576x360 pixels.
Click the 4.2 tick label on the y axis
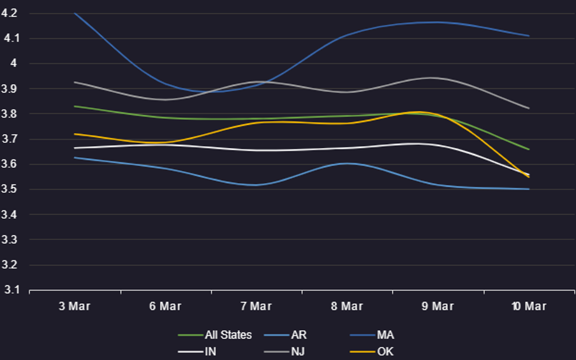pyautogui.click(x=9, y=13)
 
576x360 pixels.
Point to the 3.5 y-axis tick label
pyautogui.click(x=9, y=190)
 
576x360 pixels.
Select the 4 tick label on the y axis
pyautogui.click(x=13, y=63)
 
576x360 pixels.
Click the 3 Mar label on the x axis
pyautogui.click(x=75, y=306)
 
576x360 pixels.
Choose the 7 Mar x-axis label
pyautogui.click(x=256, y=306)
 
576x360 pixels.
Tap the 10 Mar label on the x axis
pyautogui.click(x=529, y=306)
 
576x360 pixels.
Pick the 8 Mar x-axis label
pyautogui.click(x=347, y=306)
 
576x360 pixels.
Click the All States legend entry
pyautogui.click(x=215, y=335)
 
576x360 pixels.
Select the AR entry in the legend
pyautogui.click(x=285, y=335)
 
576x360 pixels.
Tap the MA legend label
pyautogui.click(x=372, y=335)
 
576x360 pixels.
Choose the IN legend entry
pyautogui.click(x=197, y=352)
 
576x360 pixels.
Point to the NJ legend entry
pyautogui.click(x=284, y=352)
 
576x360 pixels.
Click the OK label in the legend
pyautogui.click(x=371, y=352)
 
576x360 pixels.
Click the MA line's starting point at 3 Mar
pyautogui.click(x=75, y=13)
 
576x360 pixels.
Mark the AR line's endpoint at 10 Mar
pyautogui.click(x=529, y=189)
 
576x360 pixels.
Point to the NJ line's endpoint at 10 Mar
pyautogui.click(x=529, y=108)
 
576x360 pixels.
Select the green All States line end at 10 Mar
pyautogui.click(x=529, y=149)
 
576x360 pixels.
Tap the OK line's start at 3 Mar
pyautogui.click(x=75, y=134)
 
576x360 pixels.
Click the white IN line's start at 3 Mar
pyautogui.click(x=75, y=148)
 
